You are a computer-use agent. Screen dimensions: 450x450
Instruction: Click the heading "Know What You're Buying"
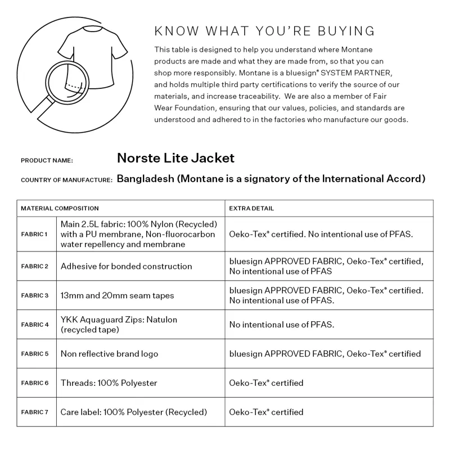[x=264, y=30]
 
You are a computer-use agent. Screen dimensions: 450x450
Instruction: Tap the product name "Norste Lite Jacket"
[x=175, y=158]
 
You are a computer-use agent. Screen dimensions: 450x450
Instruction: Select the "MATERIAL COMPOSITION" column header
[x=60, y=208]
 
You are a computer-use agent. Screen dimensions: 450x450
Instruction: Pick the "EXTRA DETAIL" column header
[x=251, y=208]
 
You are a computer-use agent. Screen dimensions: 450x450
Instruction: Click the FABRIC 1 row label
[x=35, y=234]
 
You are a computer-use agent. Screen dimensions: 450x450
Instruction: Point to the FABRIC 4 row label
[x=35, y=325]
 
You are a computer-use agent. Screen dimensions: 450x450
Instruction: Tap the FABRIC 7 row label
[x=35, y=412]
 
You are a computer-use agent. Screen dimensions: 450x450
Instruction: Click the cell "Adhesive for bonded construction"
[x=127, y=266]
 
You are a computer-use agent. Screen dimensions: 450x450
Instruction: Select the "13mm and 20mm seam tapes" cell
[x=118, y=295]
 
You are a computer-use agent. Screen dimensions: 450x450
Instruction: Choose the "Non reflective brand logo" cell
[x=110, y=354]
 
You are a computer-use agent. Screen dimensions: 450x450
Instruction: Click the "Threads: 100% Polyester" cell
[x=109, y=383]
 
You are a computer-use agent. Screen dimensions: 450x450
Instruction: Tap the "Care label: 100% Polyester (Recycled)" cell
[x=134, y=412]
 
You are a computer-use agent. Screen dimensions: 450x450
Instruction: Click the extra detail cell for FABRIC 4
[x=282, y=325]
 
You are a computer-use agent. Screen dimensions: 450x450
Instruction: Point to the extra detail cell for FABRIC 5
[x=325, y=354]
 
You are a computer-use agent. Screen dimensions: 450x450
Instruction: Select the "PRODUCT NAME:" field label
[x=47, y=160]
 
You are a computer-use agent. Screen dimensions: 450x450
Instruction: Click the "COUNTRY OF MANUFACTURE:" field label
[x=67, y=180]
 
